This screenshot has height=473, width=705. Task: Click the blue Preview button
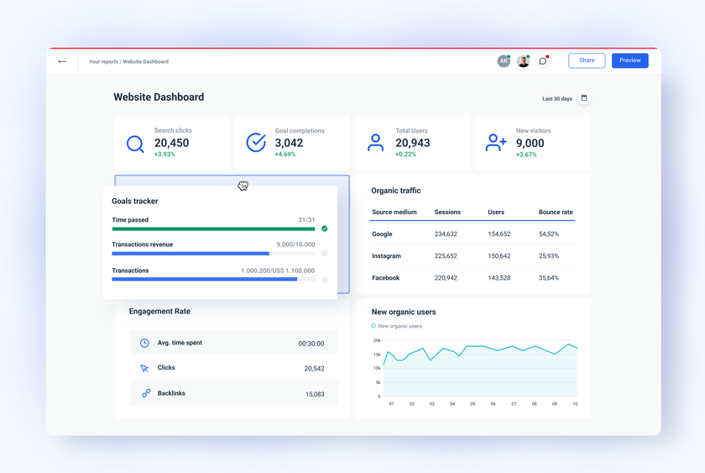(x=629, y=60)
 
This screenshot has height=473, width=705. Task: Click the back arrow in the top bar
(x=62, y=61)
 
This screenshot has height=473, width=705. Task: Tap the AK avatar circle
(x=504, y=61)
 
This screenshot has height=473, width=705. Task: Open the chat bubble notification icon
(x=543, y=61)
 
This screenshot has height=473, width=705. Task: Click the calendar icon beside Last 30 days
(x=584, y=98)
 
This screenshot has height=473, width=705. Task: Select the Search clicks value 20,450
(x=171, y=143)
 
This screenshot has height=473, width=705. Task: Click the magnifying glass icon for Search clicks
(x=135, y=145)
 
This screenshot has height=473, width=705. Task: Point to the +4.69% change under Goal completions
(x=285, y=155)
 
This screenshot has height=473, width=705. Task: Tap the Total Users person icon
(x=375, y=144)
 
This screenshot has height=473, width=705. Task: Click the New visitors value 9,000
(x=530, y=143)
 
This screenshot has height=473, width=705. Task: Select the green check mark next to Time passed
(x=324, y=229)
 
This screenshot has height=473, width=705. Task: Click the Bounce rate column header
(x=555, y=213)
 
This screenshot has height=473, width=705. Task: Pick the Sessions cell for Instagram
(x=446, y=256)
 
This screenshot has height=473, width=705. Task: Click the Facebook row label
(x=385, y=278)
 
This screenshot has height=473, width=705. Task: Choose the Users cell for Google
(x=499, y=234)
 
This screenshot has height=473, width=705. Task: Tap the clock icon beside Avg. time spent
(x=144, y=343)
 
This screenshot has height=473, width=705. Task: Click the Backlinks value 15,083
(x=315, y=394)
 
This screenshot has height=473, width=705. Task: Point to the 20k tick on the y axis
(x=377, y=340)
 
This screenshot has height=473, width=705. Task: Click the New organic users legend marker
(x=373, y=326)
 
